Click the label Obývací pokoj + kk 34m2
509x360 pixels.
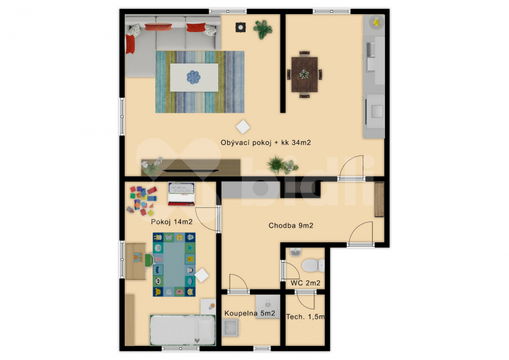[266, 143]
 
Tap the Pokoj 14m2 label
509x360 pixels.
[171, 222]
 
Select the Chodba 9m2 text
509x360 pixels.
[291, 226]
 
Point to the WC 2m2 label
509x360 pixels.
[305, 282]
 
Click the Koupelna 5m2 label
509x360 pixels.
[250, 314]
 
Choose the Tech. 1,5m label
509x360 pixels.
[305, 316]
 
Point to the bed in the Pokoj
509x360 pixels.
[182, 329]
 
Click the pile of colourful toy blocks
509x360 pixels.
[143, 200]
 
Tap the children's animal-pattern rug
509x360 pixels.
[174, 264]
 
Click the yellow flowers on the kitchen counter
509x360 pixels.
[376, 23]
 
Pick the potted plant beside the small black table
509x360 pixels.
[262, 28]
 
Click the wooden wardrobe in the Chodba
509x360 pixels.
[379, 200]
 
